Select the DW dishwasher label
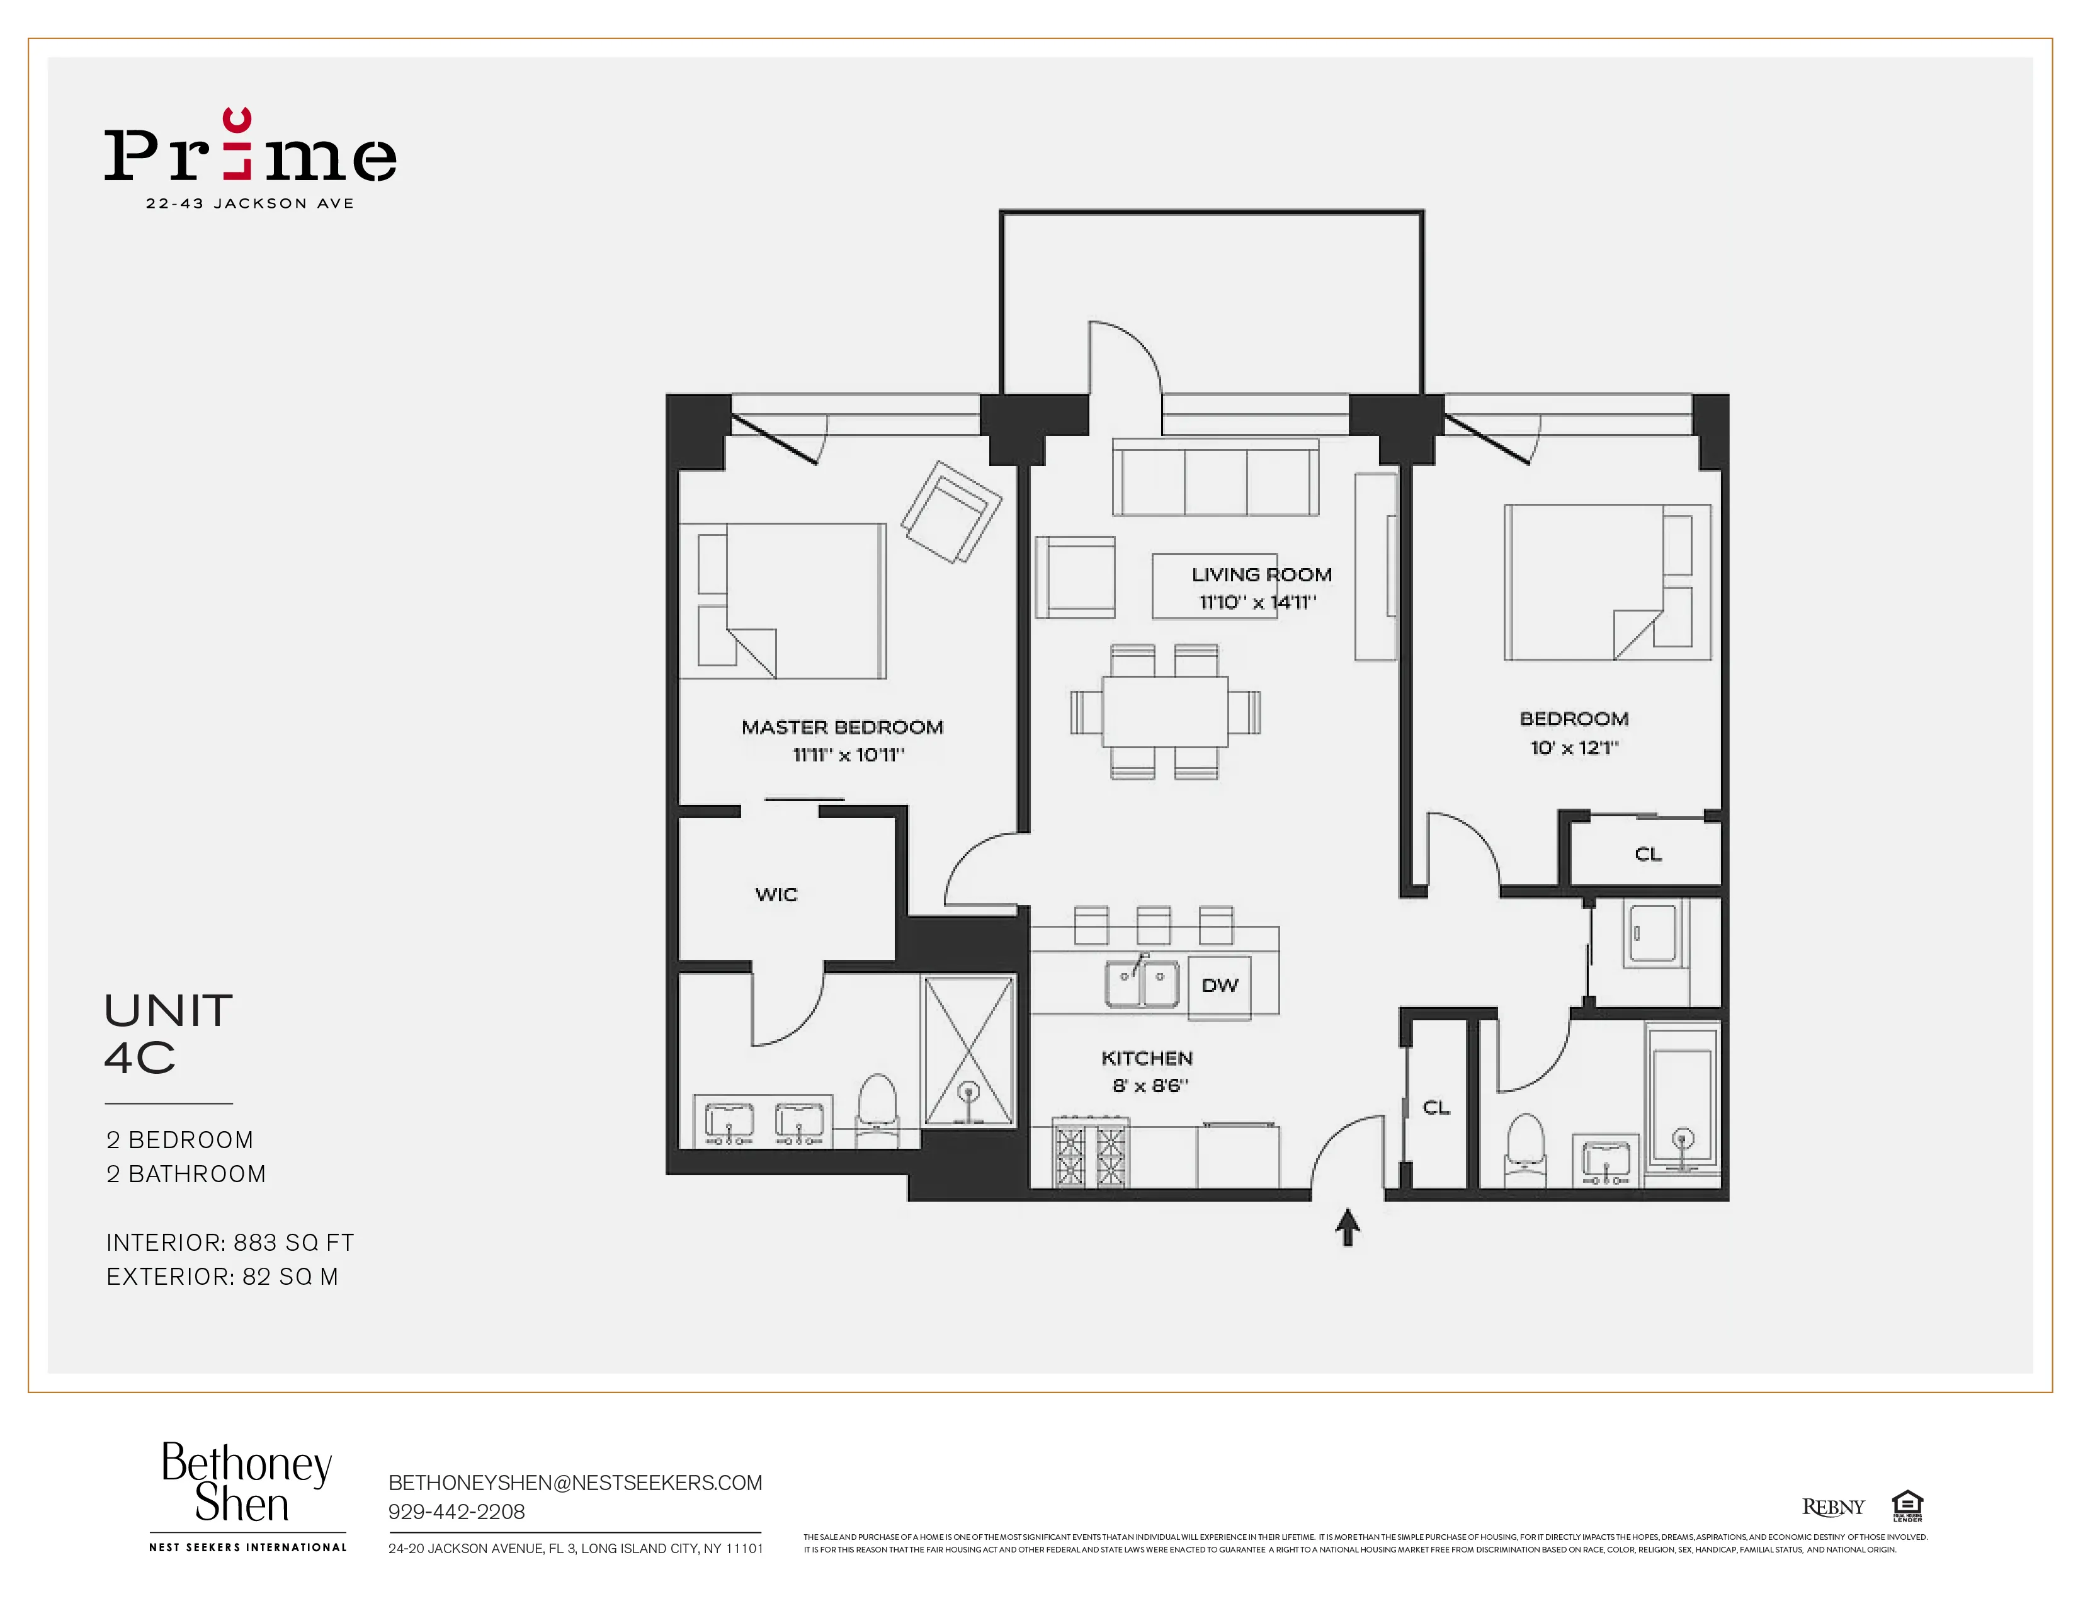(x=1219, y=986)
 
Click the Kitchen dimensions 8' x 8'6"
(x=1149, y=1086)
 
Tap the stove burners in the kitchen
(x=1089, y=1154)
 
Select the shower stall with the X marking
(x=968, y=1051)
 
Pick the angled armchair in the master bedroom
(x=950, y=512)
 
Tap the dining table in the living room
(x=1164, y=712)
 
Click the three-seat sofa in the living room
(x=1215, y=479)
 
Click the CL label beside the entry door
(x=1436, y=1107)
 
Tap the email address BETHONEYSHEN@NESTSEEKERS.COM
(x=575, y=1483)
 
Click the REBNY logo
(x=1832, y=1507)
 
